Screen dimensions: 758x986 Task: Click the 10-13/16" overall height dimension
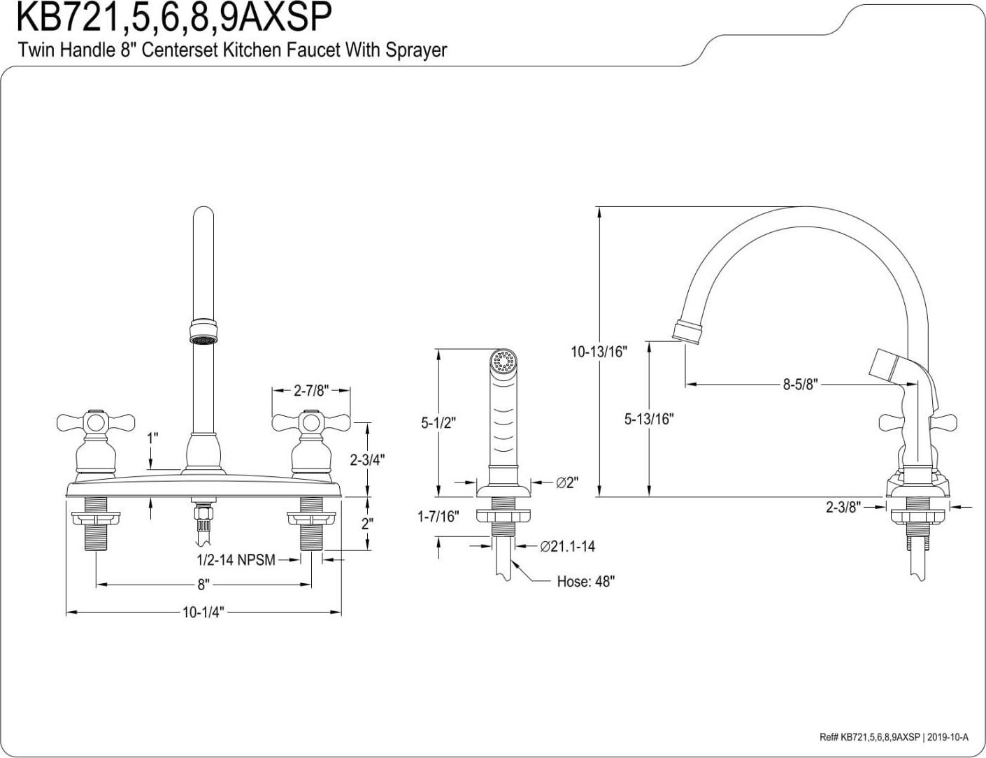pos(599,352)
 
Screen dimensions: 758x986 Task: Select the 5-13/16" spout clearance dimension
pos(648,419)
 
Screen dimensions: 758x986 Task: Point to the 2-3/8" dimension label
pos(843,507)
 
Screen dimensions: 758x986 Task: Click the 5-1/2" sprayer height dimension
pos(438,422)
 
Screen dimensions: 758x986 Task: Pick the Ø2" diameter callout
pos(566,482)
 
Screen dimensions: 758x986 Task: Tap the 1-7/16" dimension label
pos(438,517)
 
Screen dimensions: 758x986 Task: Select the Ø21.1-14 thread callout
pos(567,546)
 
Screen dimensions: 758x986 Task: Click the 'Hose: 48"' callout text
pos(585,581)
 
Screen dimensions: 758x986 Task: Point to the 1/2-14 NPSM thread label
pos(236,560)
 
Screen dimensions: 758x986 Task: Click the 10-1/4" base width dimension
pos(203,613)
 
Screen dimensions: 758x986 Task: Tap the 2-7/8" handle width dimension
pos(310,390)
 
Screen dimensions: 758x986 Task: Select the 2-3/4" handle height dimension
pos(367,459)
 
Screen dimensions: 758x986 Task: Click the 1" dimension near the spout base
pos(152,438)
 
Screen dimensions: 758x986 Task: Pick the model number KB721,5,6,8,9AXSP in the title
pos(173,17)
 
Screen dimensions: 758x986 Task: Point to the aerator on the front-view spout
pos(202,331)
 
